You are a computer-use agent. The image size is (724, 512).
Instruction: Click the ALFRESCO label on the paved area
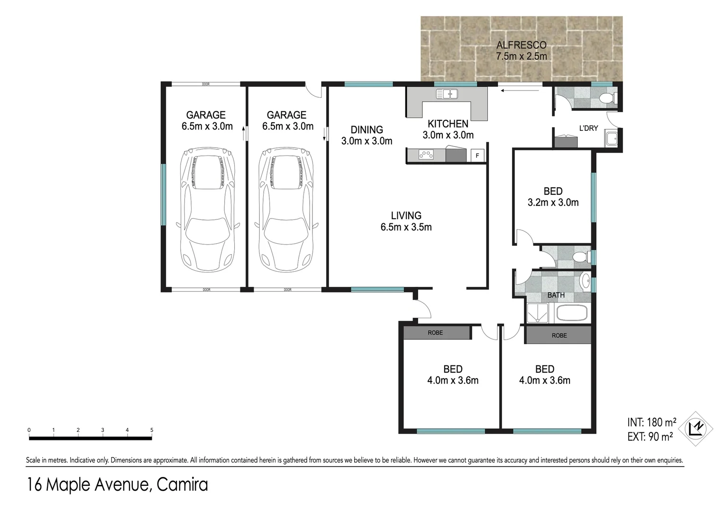pos(521,46)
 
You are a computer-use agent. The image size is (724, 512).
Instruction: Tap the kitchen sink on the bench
pos(446,94)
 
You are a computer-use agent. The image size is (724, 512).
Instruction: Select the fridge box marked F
pos(477,155)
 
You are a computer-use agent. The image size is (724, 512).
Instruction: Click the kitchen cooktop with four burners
pos(425,155)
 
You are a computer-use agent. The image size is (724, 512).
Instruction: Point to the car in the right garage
pos(286,209)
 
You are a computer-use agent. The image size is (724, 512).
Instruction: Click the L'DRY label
pos(588,128)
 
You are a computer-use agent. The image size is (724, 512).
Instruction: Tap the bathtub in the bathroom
pos(571,313)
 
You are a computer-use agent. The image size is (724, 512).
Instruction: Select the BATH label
pos(556,295)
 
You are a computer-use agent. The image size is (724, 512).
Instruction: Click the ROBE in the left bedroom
pos(435,333)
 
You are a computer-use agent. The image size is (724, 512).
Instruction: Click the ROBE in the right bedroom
pos(559,335)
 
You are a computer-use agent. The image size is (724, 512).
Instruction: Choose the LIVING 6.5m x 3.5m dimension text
pos(406,227)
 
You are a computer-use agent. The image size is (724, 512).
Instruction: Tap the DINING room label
pos(367,129)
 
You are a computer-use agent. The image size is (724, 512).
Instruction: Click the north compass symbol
pos(696,429)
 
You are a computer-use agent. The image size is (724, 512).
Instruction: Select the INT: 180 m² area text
pos(651,422)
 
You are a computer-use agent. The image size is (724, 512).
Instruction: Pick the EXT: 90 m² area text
pos(650,437)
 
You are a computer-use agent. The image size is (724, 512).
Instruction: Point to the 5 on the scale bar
pos(152,430)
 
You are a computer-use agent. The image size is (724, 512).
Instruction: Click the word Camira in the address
pos(182,485)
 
